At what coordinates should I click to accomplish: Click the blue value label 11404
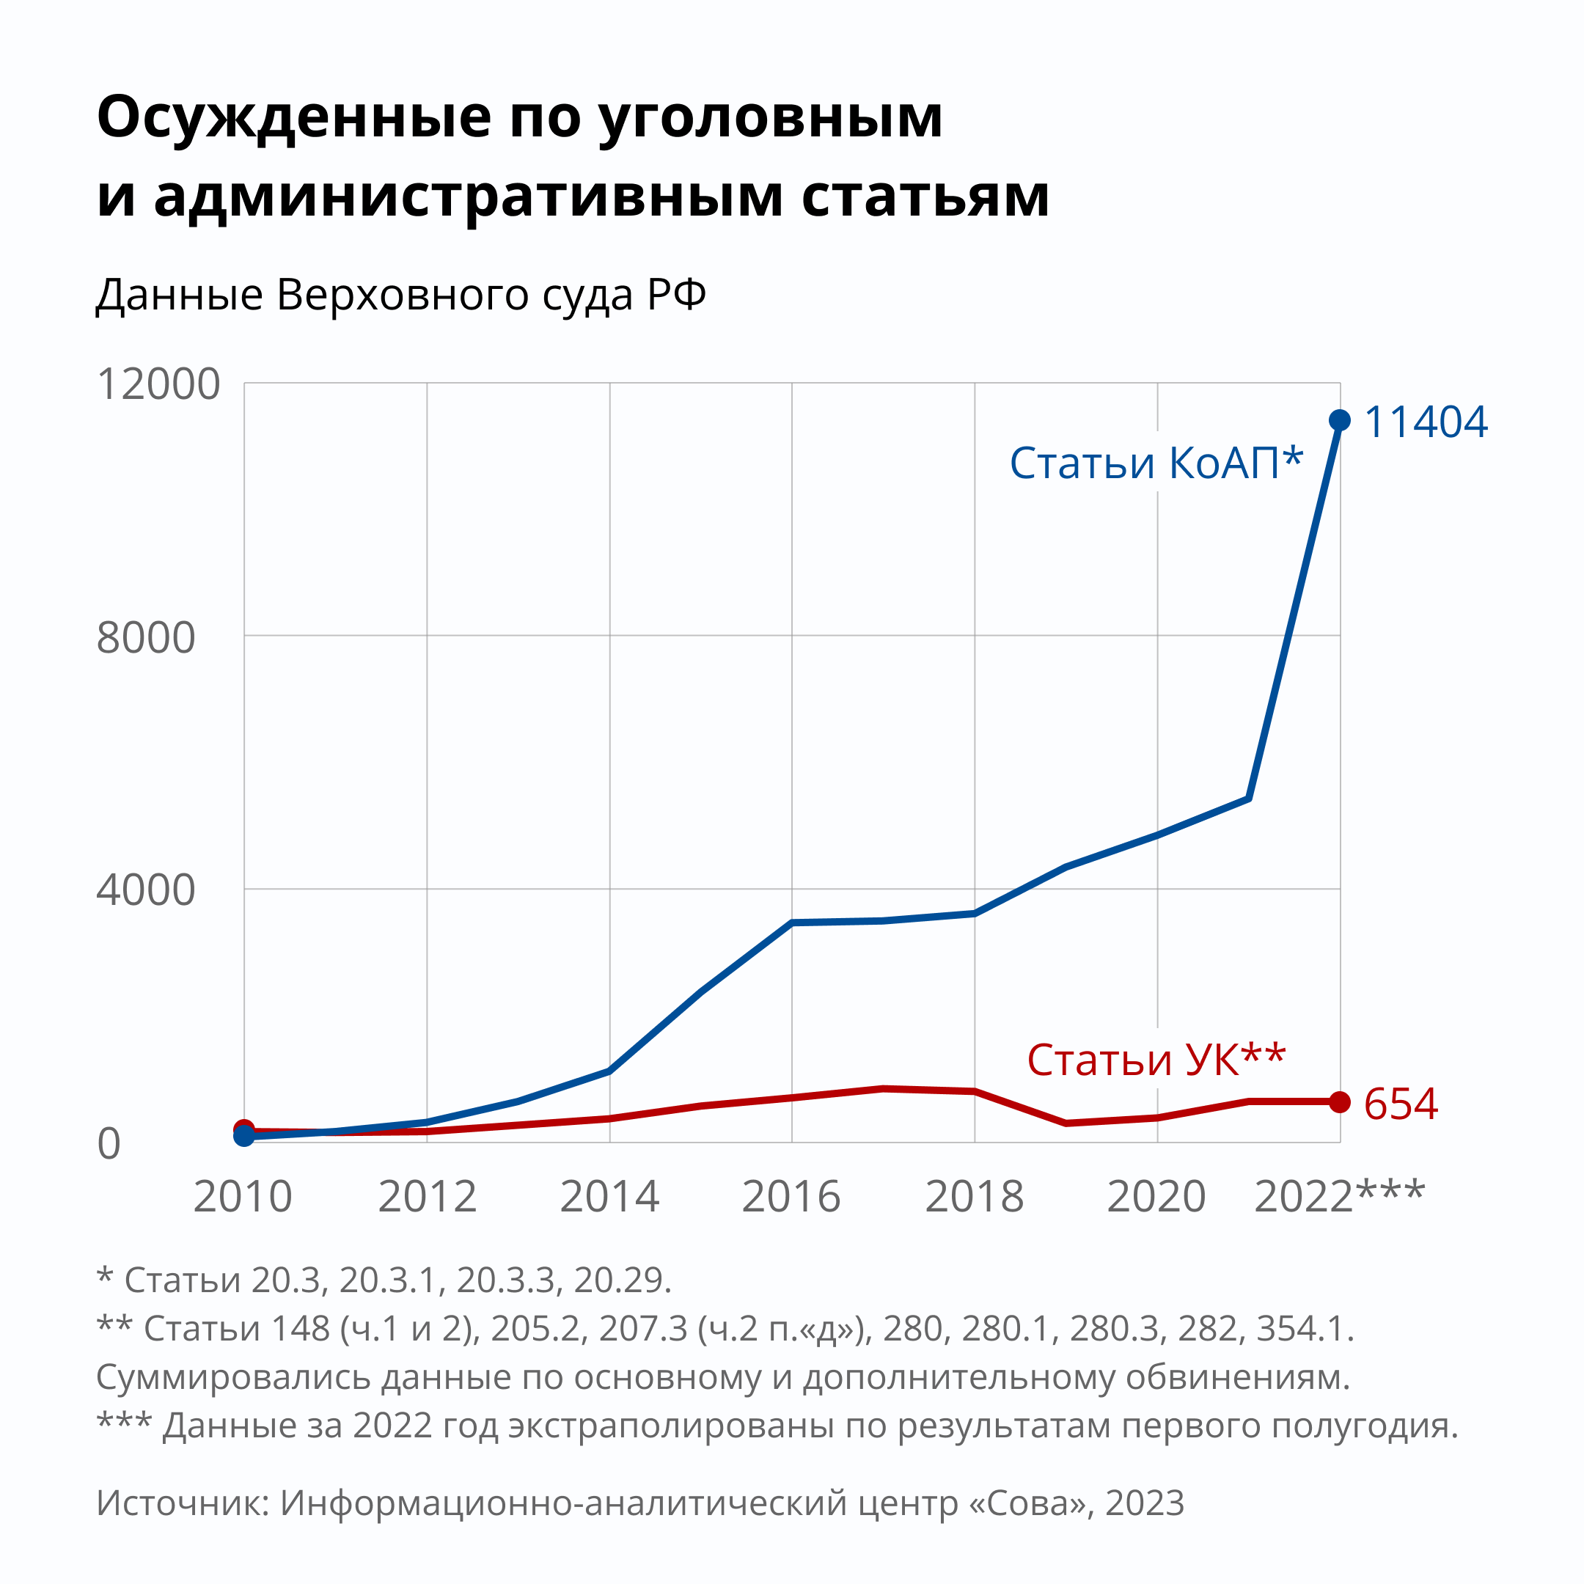click(x=1425, y=422)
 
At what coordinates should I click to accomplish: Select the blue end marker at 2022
click(x=1340, y=421)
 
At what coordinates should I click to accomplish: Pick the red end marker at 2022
click(x=1340, y=1102)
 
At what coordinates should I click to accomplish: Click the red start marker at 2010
click(x=244, y=1129)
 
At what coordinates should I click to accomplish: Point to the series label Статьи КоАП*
click(x=1156, y=463)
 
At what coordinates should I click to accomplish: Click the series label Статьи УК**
click(x=1156, y=1060)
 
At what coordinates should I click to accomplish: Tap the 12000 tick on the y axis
click(x=158, y=384)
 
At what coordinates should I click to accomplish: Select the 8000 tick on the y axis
click(x=146, y=637)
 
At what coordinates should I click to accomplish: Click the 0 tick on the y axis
click(x=109, y=1144)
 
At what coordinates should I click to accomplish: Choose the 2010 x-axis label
click(x=243, y=1197)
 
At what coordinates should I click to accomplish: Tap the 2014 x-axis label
click(x=609, y=1197)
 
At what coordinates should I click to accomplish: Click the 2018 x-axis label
click(x=975, y=1197)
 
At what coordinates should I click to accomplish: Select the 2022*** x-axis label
click(x=1340, y=1197)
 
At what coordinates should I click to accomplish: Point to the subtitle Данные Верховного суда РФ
click(x=401, y=294)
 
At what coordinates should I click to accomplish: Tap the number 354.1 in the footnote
click(x=1304, y=1328)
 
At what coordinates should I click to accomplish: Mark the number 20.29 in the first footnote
click(x=620, y=1280)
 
